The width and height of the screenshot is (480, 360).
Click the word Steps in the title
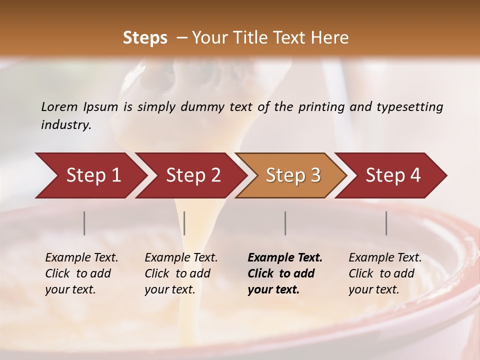click(145, 38)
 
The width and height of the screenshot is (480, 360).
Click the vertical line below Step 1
click(84, 223)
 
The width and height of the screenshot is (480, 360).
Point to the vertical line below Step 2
click(184, 223)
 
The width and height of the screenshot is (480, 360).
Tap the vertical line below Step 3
click(285, 223)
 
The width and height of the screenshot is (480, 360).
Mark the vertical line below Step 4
click(386, 223)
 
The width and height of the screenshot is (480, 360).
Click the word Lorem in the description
click(59, 107)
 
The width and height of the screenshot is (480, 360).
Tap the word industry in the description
click(65, 125)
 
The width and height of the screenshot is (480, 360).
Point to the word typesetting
click(409, 107)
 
